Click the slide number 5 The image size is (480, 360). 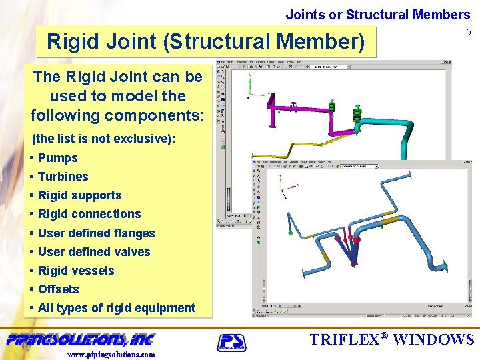pos(467,33)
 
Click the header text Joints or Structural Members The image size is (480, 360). pos(378,14)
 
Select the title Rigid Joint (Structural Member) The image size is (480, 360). pos(206,42)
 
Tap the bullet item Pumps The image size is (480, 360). pos(57,158)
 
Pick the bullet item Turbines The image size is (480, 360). pos(63,177)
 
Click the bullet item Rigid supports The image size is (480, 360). pos(79,195)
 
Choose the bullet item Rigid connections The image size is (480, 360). pos(89,214)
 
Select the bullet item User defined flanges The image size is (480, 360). pos(96,233)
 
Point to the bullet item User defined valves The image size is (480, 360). pos(94,252)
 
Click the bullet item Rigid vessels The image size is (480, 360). pos(76,271)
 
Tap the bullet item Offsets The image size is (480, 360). pos(58,289)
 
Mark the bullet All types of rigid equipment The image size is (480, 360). pos(116,308)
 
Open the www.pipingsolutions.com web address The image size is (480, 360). pos(111,355)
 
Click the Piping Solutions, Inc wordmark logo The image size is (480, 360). pos(80,339)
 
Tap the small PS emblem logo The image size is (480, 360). pos(231,343)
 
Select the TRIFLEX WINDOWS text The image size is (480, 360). pos(392,339)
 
